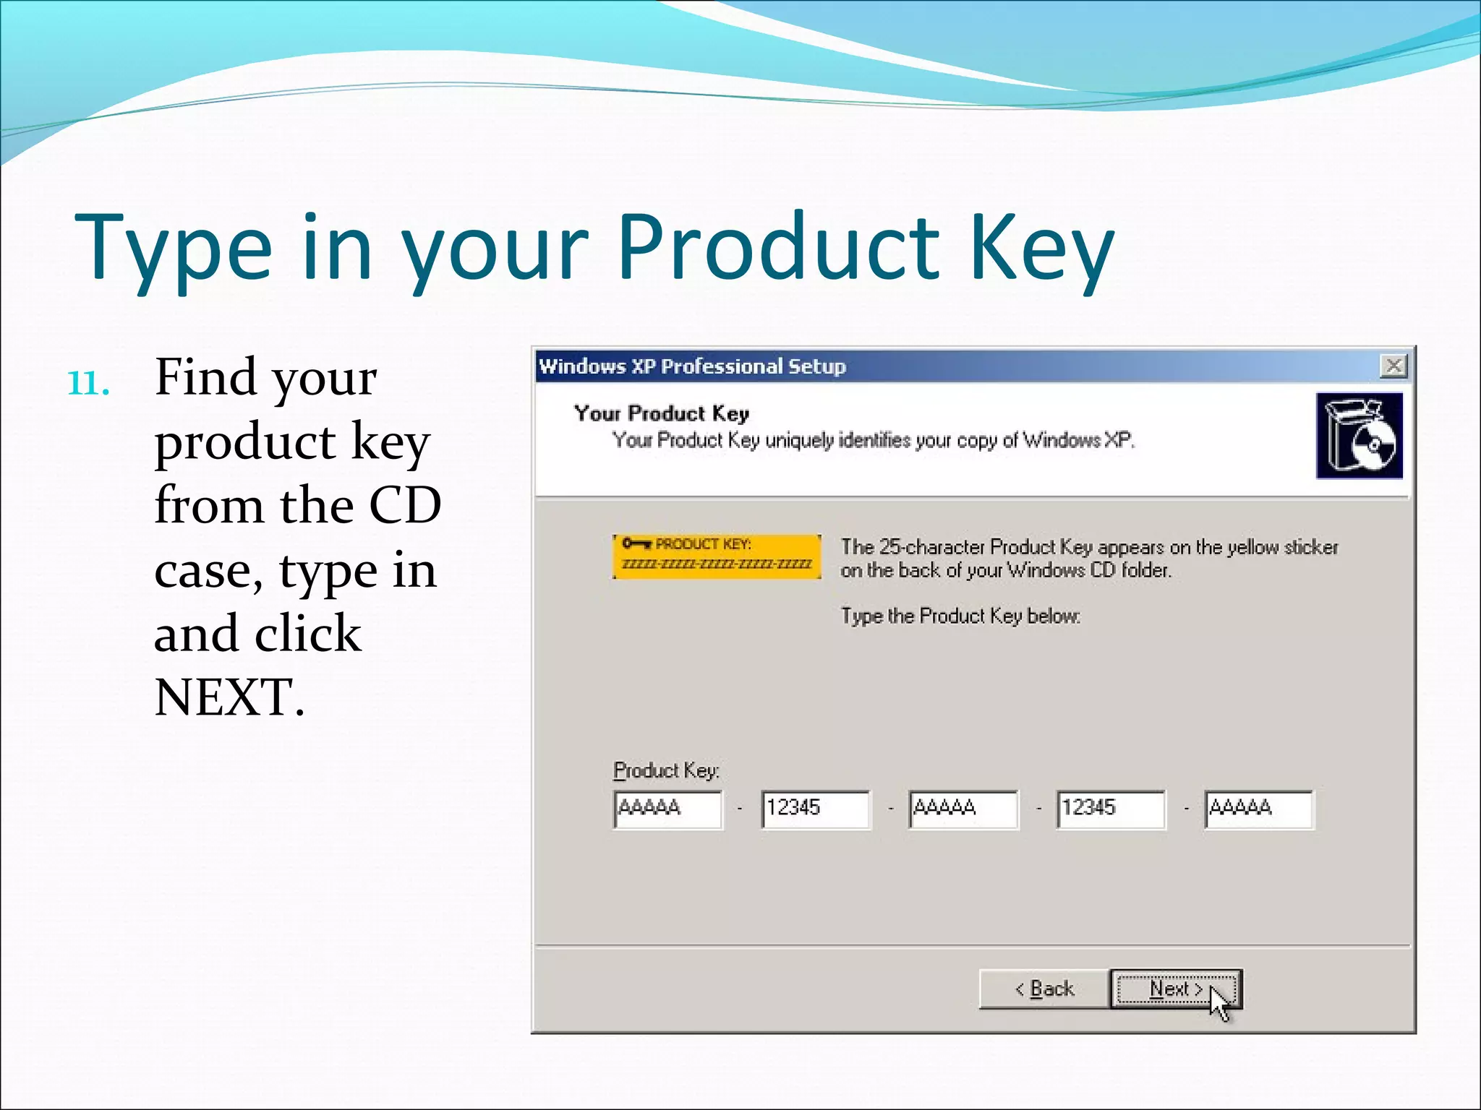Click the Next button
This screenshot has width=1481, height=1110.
point(1175,989)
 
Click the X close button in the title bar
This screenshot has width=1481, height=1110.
point(1393,366)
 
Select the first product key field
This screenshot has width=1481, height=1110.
point(667,809)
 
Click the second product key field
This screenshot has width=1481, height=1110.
point(816,809)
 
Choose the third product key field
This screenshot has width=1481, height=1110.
point(963,809)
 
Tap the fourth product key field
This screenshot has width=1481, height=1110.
point(1111,809)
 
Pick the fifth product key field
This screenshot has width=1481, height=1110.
point(1259,809)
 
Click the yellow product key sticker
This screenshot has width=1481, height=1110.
point(717,556)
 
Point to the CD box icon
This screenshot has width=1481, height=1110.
point(1359,436)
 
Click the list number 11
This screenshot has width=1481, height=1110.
point(88,383)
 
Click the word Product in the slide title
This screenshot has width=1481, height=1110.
point(778,247)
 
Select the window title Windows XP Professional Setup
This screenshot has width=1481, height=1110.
point(692,366)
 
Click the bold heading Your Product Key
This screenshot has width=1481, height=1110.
point(661,413)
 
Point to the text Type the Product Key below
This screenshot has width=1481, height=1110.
point(960,616)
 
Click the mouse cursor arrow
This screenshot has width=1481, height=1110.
point(1219,1004)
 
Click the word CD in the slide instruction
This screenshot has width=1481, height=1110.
point(405,505)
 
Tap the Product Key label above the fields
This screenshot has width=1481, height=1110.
point(666,770)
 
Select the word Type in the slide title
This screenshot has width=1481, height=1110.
point(174,247)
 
